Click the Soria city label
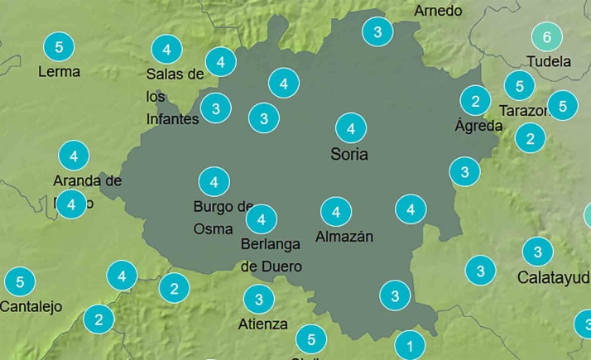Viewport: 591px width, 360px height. point(349,154)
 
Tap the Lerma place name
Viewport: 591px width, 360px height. point(59,71)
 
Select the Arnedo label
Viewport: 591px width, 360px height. point(438,11)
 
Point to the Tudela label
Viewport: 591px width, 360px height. point(548,61)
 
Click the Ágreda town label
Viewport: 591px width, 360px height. point(478,126)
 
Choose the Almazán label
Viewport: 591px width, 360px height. point(344,237)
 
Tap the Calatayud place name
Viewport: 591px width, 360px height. point(553,277)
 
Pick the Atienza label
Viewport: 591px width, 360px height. point(262,324)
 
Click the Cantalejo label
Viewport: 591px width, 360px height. point(31,306)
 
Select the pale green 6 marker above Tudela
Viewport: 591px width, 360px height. point(546,36)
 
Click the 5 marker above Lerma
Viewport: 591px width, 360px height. point(59,46)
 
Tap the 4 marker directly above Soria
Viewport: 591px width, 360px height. point(351,128)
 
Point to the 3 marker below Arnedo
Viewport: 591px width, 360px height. point(377,32)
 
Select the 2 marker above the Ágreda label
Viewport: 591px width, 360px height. point(475,101)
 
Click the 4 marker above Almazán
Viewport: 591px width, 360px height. point(335,212)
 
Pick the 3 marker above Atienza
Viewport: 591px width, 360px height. point(259,299)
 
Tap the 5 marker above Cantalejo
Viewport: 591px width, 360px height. point(20,281)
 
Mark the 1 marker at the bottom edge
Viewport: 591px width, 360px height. point(410,344)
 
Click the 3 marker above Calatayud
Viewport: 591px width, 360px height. point(537,252)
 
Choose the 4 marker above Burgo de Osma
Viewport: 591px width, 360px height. point(214,181)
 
